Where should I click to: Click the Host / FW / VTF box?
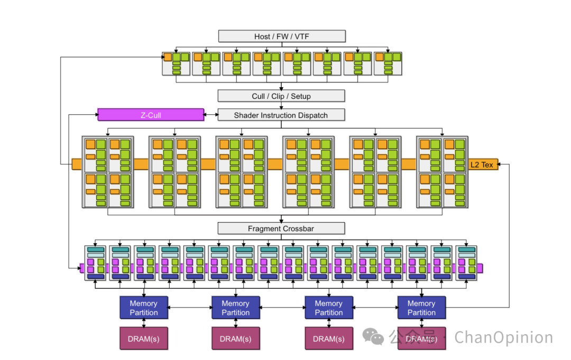282,36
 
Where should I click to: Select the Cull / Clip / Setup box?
281,96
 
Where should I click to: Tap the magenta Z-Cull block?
151,115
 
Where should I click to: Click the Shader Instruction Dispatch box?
281,115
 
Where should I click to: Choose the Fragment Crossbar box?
281,228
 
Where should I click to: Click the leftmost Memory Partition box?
144,308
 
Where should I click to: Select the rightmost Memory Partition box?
421,308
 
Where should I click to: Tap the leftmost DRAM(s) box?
144,338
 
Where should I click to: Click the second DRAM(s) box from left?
236,338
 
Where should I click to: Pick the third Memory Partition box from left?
328,308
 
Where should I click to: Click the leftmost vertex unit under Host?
176,63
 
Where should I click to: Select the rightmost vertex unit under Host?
388,63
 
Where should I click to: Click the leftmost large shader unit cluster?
108,172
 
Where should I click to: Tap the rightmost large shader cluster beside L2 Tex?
442,172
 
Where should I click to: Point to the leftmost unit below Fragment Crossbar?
96,263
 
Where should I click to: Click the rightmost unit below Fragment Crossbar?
466,263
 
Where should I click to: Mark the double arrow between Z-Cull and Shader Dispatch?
211,115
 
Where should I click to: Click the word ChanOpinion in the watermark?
503,337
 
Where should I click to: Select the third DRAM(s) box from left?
328,338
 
